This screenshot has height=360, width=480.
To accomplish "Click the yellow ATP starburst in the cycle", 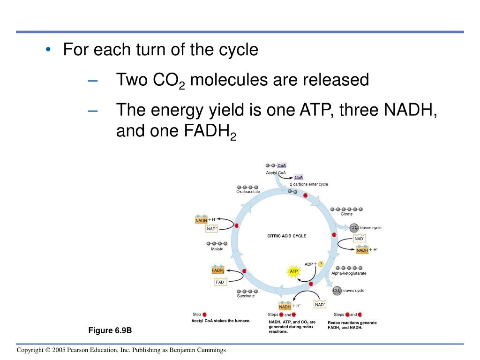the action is (294, 272).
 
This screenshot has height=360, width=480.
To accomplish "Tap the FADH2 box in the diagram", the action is (218, 270).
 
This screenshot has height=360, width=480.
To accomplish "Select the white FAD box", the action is (220, 282).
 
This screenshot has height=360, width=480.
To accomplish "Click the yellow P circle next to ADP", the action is (321, 264).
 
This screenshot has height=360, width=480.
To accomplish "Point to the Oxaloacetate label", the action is (248, 192).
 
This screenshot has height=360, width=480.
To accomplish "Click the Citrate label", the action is (346, 214).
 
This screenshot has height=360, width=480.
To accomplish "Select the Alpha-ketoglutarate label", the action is (349, 273).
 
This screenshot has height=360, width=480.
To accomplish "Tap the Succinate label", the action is (246, 296).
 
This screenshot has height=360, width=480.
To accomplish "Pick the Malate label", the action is (217, 249).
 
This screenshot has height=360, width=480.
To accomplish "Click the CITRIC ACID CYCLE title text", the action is (286, 236).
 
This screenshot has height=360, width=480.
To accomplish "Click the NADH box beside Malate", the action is (201, 220).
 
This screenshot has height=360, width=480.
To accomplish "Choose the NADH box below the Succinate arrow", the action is (285, 307).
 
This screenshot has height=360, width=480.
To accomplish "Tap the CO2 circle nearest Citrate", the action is (354, 228).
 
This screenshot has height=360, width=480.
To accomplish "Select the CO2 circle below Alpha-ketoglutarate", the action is (337, 291).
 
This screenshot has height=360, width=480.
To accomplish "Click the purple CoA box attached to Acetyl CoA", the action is (282, 165).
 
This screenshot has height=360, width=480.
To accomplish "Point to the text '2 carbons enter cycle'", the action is (308, 184).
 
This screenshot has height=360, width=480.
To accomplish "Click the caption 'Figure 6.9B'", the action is (110, 330).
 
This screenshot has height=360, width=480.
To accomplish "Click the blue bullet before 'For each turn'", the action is (48, 50).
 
